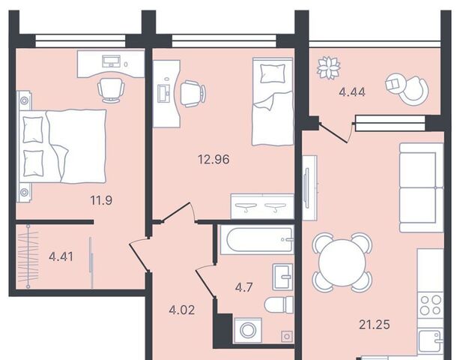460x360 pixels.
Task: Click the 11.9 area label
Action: click(101, 200)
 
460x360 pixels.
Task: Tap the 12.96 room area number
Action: click(214, 160)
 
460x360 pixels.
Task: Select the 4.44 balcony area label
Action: click(352, 92)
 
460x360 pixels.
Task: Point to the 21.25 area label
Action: click(375, 325)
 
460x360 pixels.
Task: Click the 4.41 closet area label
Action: click(61, 257)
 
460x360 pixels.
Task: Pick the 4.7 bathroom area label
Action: click(243, 287)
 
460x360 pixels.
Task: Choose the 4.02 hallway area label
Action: click(182, 310)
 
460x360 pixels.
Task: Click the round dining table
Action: click(342, 262)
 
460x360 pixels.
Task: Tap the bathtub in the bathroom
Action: click(257, 239)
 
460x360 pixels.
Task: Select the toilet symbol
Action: click(279, 304)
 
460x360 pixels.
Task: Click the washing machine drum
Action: click(248, 330)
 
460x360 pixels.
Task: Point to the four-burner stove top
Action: click(431, 305)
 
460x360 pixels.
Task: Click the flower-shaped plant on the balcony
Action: click(329, 67)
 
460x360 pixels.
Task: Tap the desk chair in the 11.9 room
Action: click(111, 90)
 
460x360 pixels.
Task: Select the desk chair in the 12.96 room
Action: click(192, 94)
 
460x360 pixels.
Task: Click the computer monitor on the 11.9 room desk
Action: click(111, 61)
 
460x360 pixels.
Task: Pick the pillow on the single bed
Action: click(273, 73)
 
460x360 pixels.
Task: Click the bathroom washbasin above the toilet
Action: click(282, 277)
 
